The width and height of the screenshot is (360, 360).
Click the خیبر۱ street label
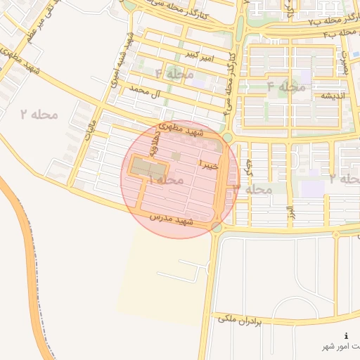pos(210,165)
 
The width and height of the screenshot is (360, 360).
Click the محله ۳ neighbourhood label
pos(254,188)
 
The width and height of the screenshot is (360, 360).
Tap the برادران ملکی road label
pos(240,320)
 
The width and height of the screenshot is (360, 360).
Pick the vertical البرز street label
pos(288,211)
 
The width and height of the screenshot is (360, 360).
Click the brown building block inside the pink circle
pos(148,169)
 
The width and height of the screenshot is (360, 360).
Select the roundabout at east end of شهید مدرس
pos(216,226)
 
